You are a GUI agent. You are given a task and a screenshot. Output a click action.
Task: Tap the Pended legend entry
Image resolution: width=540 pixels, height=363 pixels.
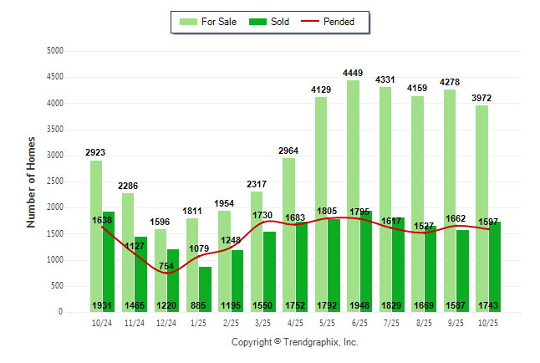pos(338,22)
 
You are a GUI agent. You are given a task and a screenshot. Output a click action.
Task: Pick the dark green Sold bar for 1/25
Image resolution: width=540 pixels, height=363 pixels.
pos(205,289)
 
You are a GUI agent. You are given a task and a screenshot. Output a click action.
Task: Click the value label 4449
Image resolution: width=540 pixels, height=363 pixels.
pos(353,74)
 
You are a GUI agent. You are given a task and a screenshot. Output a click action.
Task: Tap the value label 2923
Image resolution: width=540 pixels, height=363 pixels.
pos(96,153)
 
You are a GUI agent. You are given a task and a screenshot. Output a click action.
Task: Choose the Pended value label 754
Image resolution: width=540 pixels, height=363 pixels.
pos(166,266)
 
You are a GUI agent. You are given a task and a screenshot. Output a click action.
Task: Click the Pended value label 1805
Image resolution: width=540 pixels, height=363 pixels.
pos(327,211)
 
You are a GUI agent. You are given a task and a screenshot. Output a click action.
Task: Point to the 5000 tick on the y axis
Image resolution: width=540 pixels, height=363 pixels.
pos(54,51)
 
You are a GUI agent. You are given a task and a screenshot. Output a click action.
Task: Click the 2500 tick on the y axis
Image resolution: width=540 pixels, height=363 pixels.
pos(54,181)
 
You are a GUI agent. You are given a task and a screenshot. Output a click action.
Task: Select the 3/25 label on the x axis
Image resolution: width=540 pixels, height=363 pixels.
pos(262,323)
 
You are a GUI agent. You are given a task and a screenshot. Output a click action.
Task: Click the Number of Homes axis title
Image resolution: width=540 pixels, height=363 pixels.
pos(31,181)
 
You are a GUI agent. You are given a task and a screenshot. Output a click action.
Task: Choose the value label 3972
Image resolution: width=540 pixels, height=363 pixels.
pos(481,98)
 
